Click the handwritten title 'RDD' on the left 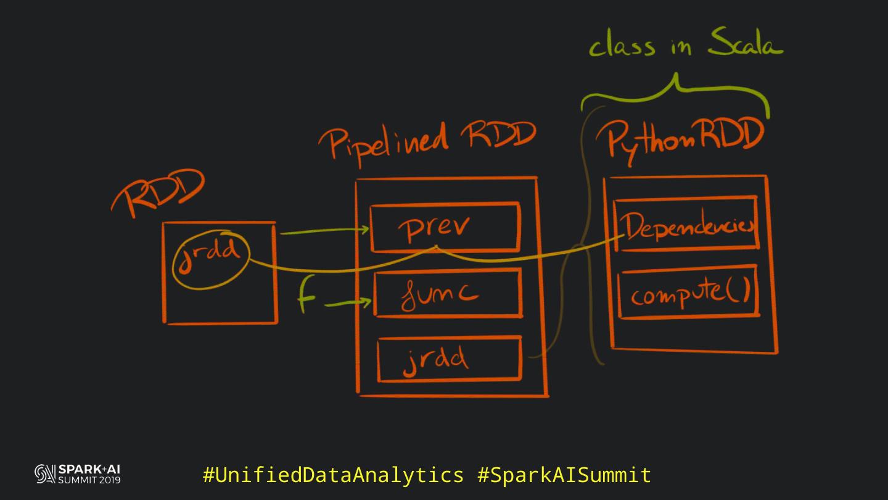point(157,193)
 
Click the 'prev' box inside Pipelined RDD point(445,228)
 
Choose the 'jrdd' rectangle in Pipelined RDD point(449,359)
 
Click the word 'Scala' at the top point(744,44)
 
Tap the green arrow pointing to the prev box point(324,231)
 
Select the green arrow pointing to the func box point(348,303)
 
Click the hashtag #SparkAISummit point(564,475)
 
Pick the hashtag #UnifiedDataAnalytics point(333,475)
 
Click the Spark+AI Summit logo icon point(45,474)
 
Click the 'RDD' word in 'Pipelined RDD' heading point(501,136)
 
